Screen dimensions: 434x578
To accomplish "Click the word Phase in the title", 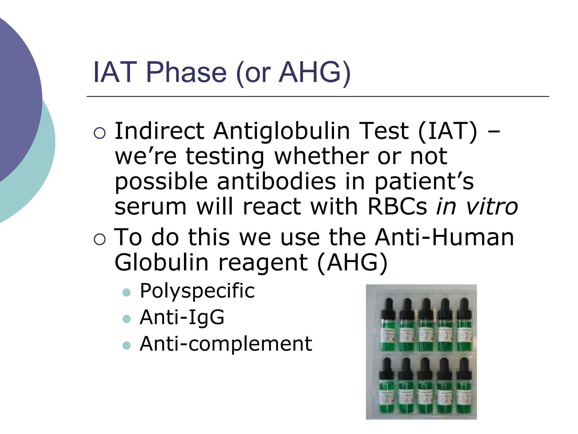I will (186, 73).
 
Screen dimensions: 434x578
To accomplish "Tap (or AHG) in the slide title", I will (294, 73).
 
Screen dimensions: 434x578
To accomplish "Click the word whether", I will (321, 156).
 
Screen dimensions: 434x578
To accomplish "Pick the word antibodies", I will (277, 181).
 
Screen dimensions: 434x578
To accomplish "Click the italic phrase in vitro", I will (477, 207).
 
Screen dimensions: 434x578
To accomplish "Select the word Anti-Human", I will (445, 237).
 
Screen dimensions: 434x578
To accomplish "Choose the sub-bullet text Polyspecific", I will (197, 291).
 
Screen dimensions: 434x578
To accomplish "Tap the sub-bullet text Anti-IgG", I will (182, 317).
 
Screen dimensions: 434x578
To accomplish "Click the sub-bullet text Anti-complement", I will (226, 344).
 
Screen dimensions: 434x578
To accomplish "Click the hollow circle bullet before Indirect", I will (99, 133).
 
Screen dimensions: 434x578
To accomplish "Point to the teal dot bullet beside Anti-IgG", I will (127, 319).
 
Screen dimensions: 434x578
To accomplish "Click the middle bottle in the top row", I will (426, 331).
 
